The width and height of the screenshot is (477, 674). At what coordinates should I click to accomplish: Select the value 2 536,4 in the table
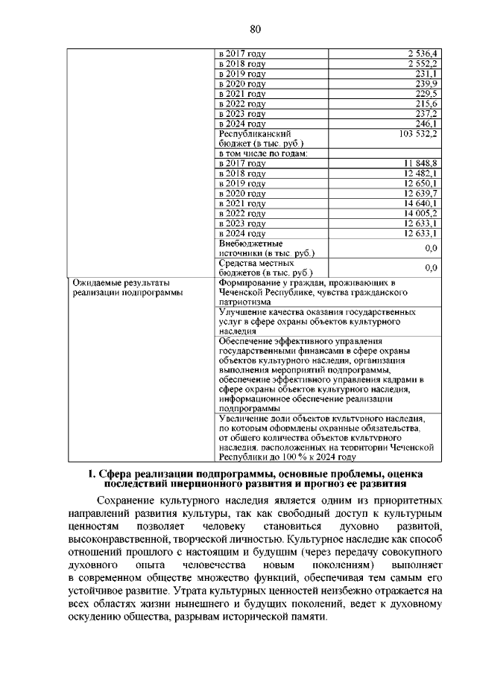(x=422, y=54)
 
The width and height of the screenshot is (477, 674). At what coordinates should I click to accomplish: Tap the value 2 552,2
(x=422, y=64)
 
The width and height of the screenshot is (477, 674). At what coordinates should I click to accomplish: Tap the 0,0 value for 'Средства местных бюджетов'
(x=430, y=267)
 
